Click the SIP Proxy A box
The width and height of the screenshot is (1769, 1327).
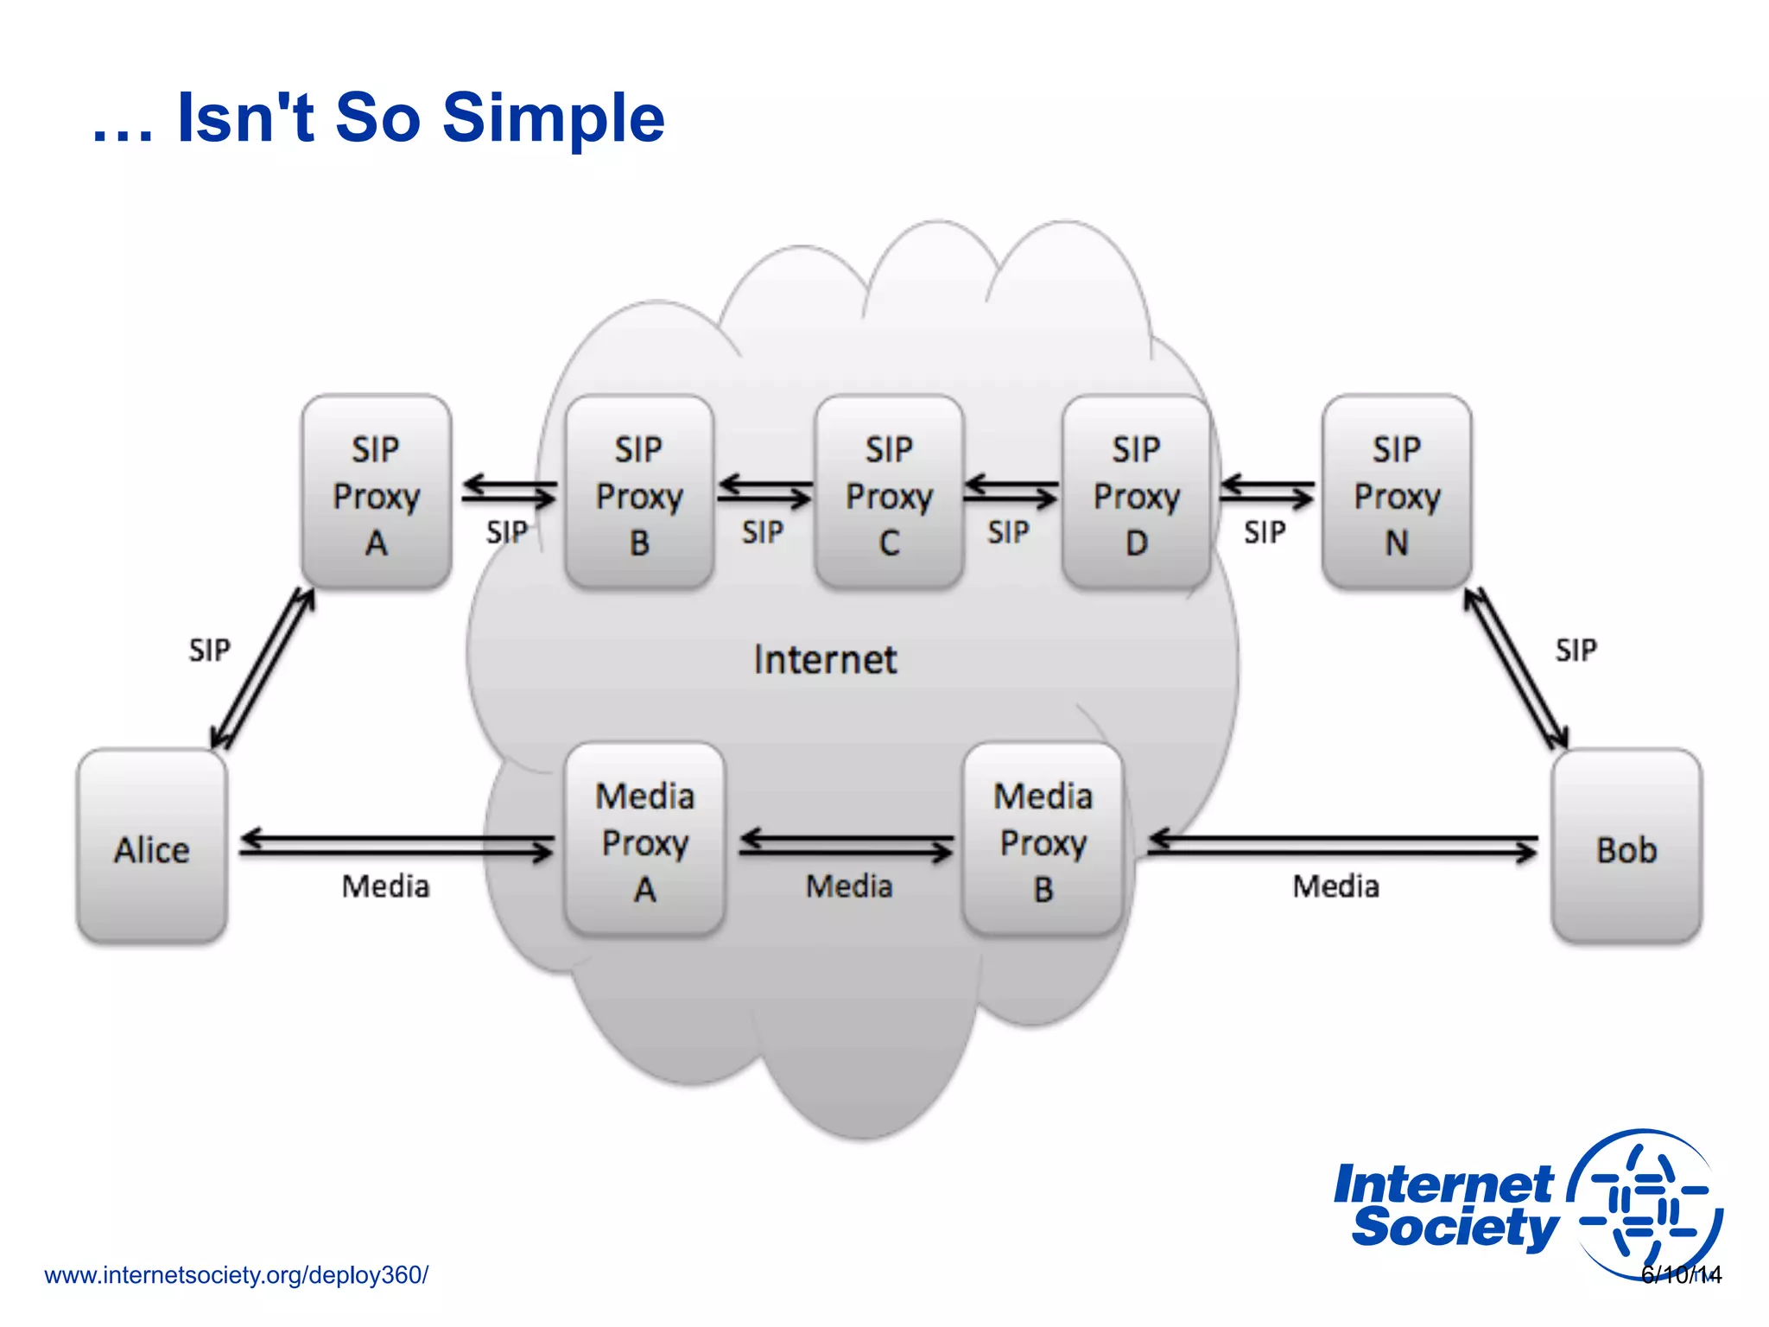point(377,492)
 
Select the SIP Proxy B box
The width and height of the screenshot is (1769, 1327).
point(639,492)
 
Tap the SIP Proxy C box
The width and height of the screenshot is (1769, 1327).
point(889,492)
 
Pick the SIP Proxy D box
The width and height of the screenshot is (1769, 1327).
point(1136,492)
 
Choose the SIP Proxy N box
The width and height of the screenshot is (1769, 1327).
point(1397,492)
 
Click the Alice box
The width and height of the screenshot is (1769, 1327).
point(152,847)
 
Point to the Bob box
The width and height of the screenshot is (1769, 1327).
point(1626,847)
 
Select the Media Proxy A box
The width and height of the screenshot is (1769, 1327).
point(645,840)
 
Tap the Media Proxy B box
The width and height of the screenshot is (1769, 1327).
point(1043,840)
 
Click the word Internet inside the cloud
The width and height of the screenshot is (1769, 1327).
point(825,660)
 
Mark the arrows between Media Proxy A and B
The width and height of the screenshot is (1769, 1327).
point(846,845)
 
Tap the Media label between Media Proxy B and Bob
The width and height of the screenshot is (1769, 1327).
point(1335,886)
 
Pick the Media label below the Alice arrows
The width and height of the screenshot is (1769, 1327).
point(385,886)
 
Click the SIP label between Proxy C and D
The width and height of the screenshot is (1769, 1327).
point(1009,532)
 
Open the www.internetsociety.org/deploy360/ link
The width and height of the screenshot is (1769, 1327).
point(236,1275)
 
